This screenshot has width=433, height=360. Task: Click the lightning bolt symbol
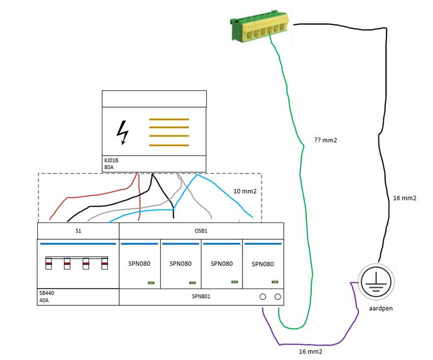(123, 132)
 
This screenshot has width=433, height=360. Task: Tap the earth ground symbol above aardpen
(375, 281)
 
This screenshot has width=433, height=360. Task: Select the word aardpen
(381, 308)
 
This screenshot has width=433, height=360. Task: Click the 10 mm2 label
(244, 191)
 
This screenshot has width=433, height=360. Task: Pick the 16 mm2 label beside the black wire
(404, 198)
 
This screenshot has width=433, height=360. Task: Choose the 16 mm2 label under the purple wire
(311, 351)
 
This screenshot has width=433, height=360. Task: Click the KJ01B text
(112, 160)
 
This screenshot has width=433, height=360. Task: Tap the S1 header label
(78, 231)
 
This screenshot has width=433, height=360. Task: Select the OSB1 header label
(201, 231)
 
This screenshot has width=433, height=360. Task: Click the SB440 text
(47, 292)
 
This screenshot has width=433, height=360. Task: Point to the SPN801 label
(201, 297)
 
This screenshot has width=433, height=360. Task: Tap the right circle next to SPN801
(278, 297)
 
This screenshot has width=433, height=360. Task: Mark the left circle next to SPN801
(263, 297)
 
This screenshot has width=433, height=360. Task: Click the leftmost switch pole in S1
(48, 264)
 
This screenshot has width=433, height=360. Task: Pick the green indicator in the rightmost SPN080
(275, 282)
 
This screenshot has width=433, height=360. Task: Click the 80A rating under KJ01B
(110, 167)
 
